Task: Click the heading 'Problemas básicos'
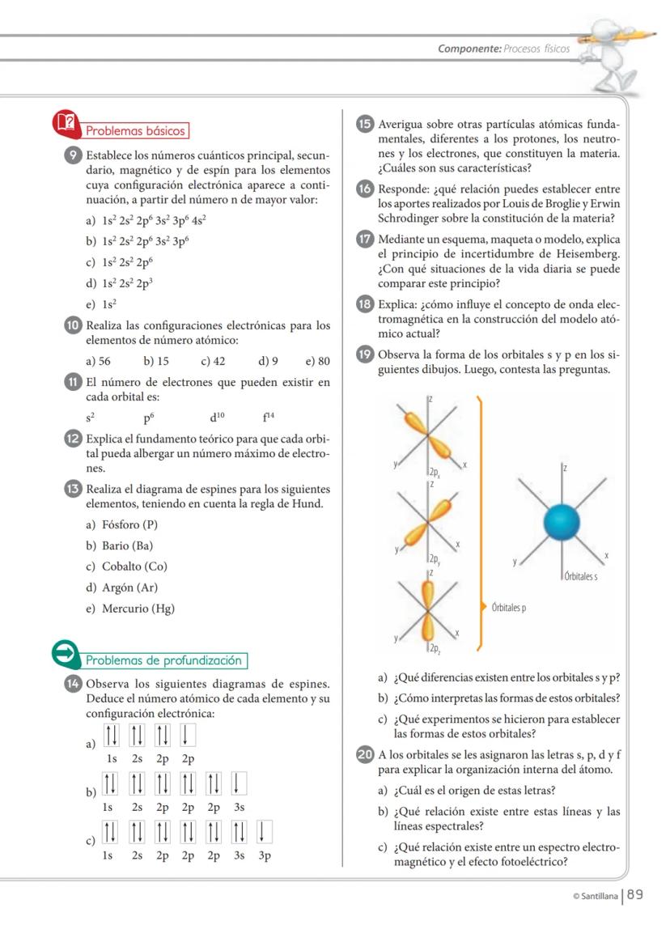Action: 135,130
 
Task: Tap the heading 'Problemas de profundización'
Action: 165,660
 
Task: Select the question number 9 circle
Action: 72,155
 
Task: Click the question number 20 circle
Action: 364,755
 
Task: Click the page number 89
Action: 635,894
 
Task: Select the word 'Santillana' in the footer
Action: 597,896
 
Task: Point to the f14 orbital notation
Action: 268,418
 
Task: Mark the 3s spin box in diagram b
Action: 240,784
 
